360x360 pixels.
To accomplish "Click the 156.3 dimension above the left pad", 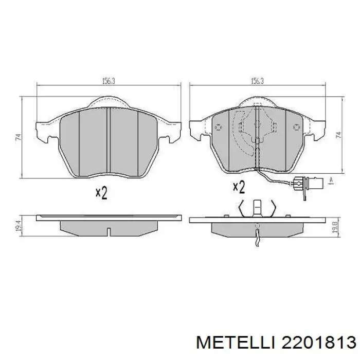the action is (x=108, y=81).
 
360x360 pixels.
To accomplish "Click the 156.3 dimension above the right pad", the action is (x=257, y=81).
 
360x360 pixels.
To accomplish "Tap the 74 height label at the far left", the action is (x=19, y=137).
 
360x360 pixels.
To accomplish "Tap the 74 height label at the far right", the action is (x=338, y=135).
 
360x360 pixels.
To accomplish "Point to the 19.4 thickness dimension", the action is (x=19, y=226).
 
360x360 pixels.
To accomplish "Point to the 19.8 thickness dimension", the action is (x=335, y=227).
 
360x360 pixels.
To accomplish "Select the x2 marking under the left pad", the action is (x=101, y=192).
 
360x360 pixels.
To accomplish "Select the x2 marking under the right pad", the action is (x=239, y=187).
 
